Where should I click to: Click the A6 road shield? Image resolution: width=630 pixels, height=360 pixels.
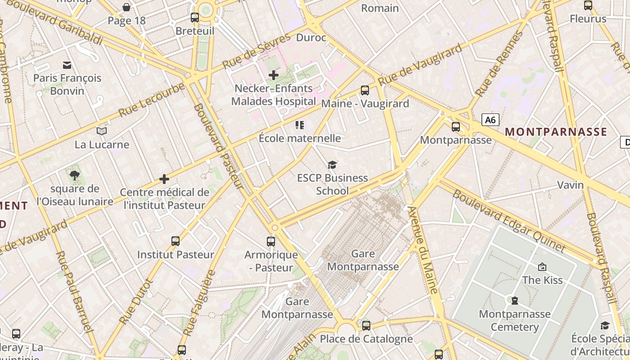pos(490,120)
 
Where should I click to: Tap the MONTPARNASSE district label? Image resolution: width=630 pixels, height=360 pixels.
pos(556,132)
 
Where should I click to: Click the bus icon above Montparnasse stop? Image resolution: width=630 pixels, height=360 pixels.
pos(456,126)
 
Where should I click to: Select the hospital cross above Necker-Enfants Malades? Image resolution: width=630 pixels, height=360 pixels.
pos(273,75)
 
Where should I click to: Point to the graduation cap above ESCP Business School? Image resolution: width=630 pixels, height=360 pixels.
pos(332,165)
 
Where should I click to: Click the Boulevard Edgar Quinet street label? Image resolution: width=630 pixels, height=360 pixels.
pos(508,221)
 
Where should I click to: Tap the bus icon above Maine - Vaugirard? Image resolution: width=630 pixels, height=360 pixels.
pos(365,90)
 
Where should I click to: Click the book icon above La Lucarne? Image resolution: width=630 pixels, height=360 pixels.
pos(102,131)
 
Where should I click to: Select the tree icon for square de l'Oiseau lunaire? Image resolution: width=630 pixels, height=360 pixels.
pos(75,175)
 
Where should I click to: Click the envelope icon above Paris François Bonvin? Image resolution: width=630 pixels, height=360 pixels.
pos(67,65)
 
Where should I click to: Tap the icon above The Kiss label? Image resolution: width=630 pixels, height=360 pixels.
pos(542,267)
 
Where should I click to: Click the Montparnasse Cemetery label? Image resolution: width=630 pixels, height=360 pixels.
pos(514,320)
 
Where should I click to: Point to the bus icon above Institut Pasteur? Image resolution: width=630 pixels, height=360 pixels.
pos(175,241)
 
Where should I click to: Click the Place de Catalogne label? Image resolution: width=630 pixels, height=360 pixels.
pos(366,339)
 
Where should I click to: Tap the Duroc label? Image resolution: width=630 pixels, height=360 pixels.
pos(311,38)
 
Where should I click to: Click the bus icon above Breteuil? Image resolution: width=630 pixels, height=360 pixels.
pos(195,18)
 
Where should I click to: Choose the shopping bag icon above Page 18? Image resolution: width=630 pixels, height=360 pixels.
pos(126,7)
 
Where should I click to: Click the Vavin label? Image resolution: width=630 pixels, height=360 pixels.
pos(570,185)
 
